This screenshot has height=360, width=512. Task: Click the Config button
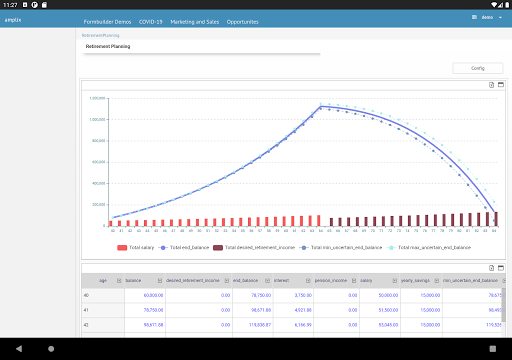[x=476, y=68]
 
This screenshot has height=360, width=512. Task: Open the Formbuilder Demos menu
[x=107, y=20]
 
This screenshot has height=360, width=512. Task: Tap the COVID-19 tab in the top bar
[x=152, y=20]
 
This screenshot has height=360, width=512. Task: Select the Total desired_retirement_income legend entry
[x=258, y=247]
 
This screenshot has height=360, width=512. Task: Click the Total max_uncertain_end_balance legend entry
[x=433, y=247]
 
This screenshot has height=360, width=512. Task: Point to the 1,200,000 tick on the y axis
[x=97, y=98]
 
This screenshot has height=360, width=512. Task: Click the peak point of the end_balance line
[x=321, y=106]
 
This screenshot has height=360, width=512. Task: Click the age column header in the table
[x=103, y=282]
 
